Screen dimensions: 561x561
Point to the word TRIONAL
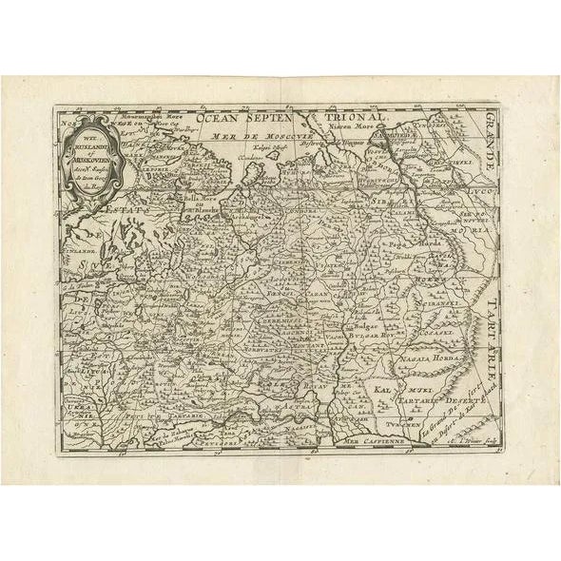click(384, 119)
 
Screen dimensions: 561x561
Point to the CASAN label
click(319, 296)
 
